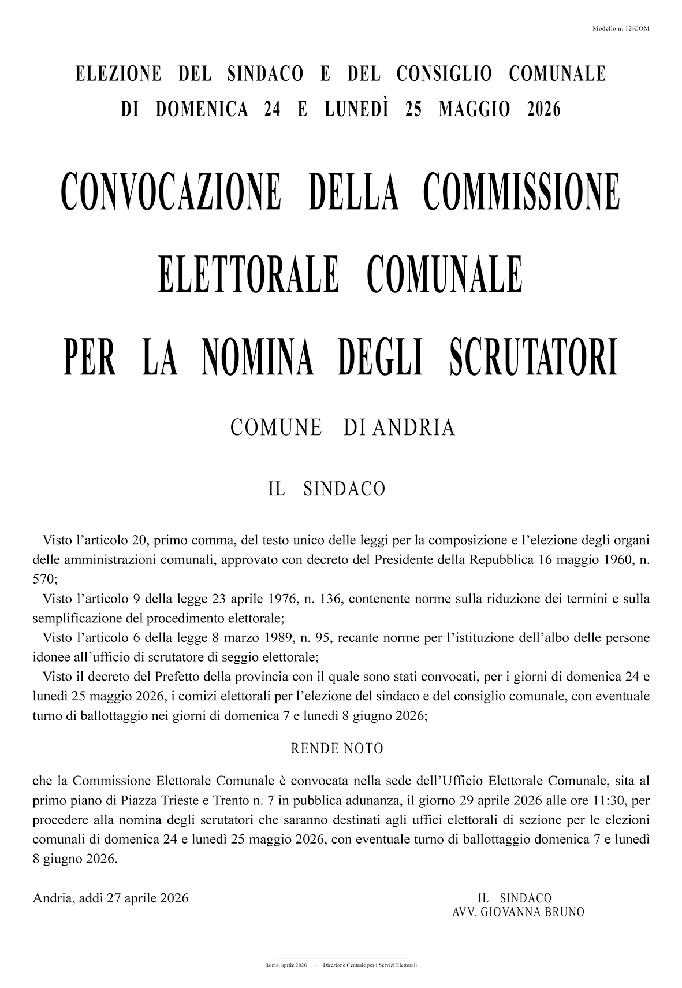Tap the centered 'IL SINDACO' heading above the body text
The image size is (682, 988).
[x=326, y=489]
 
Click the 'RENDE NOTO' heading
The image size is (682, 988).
[x=337, y=749]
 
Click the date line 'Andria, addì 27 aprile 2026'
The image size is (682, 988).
[x=111, y=898]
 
